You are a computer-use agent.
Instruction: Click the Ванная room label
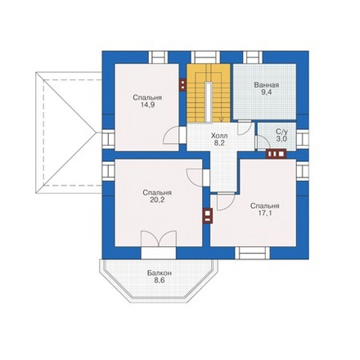[x=267, y=85]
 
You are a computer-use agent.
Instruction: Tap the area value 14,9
[x=147, y=105]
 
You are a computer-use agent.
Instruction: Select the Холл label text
[x=219, y=136]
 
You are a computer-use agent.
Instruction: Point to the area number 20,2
[x=157, y=200]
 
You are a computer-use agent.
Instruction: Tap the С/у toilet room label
[x=281, y=132]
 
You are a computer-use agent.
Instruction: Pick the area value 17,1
[x=265, y=213]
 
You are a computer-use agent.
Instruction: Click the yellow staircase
[x=209, y=93]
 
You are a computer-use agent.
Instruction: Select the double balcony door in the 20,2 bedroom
[x=159, y=239]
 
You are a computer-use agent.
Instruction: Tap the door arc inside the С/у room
[x=263, y=140]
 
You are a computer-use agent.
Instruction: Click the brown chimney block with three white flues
[x=276, y=154]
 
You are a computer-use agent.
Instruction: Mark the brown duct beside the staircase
[x=183, y=85]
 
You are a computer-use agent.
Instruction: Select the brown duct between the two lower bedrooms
[x=208, y=216]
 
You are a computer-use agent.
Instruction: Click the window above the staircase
[x=205, y=57]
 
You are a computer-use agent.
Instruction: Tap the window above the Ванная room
[x=253, y=57]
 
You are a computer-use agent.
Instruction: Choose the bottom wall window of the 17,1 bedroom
[x=253, y=253]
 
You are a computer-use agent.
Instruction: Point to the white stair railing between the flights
[x=209, y=102]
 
